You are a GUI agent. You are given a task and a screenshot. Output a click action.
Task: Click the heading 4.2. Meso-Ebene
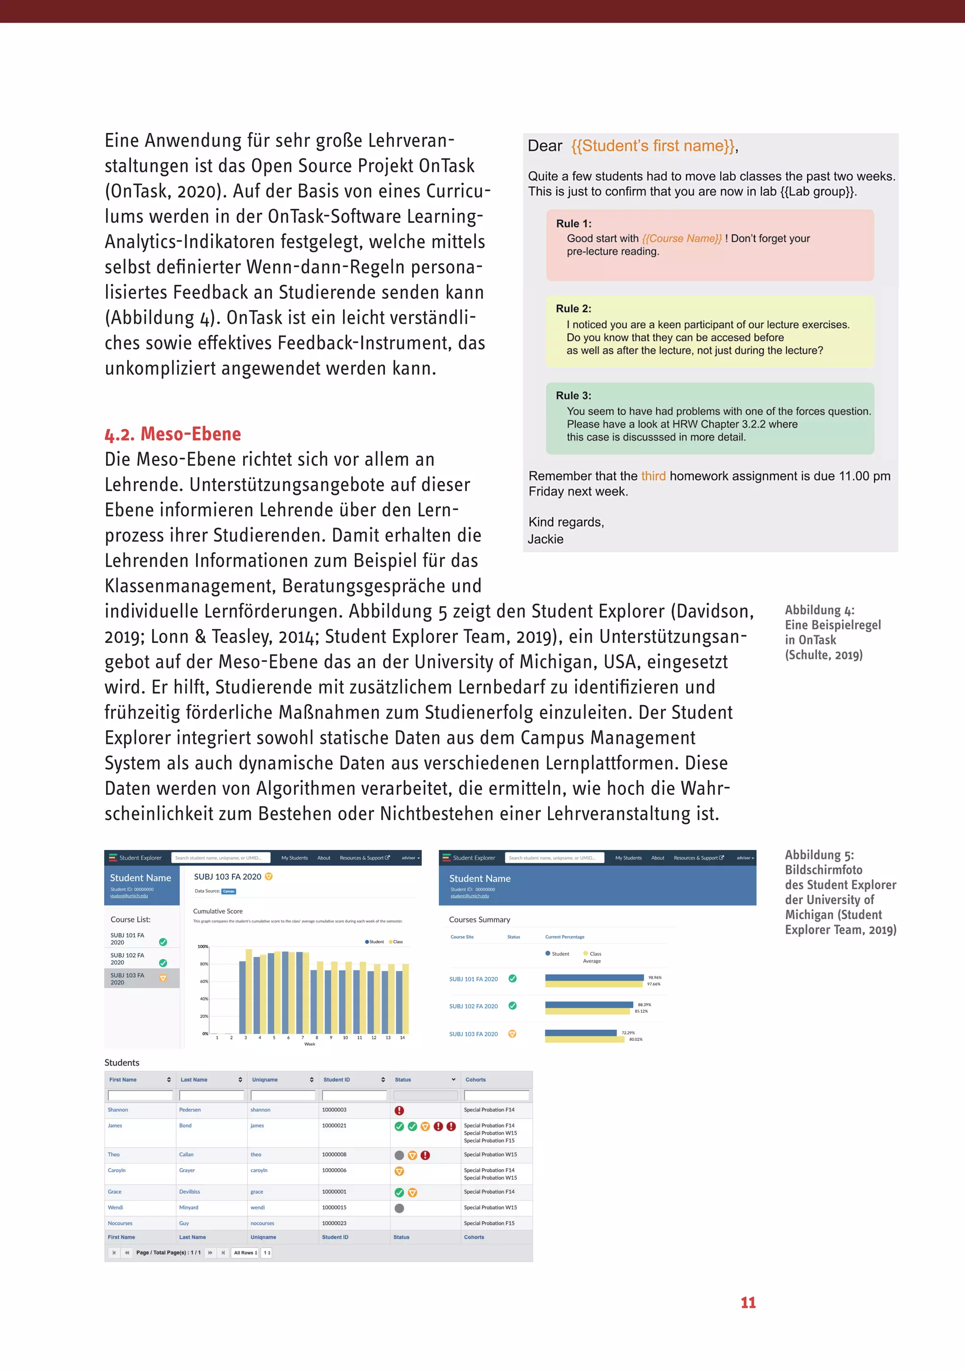tap(173, 434)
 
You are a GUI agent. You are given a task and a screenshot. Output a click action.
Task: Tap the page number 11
tap(748, 1302)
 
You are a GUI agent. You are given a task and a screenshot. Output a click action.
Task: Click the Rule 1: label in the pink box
tap(574, 224)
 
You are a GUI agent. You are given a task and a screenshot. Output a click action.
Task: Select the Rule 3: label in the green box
tap(574, 396)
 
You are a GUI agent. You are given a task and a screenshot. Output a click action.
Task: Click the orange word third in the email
tap(653, 476)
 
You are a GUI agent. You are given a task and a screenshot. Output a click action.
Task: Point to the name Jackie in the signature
tap(545, 539)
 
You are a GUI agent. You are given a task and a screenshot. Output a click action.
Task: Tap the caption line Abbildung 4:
tap(819, 611)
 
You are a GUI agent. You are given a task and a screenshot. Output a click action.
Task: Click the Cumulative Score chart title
tap(218, 911)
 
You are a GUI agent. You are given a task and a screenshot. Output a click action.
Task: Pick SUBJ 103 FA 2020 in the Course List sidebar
tap(128, 979)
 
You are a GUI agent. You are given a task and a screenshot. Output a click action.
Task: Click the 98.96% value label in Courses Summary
tap(654, 977)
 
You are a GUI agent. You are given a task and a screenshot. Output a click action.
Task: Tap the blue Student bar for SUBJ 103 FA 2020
tap(581, 1032)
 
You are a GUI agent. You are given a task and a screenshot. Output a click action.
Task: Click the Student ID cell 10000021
tap(334, 1125)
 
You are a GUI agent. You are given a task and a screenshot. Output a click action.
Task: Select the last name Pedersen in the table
tap(190, 1110)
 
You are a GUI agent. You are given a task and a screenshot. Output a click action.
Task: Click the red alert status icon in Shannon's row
tap(399, 1110)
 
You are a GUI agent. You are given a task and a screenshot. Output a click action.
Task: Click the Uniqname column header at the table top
tap(265, 1080)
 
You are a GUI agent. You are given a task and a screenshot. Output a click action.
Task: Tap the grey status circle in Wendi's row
tap(399, 1208)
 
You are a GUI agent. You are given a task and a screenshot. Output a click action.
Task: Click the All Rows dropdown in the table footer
tap(245, 1253)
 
